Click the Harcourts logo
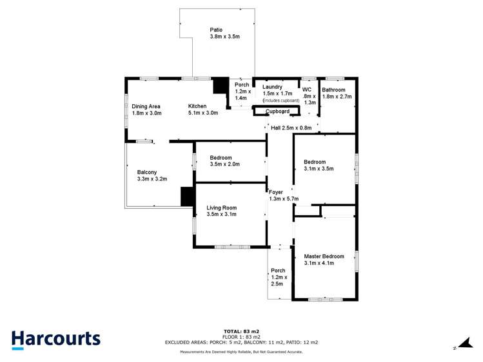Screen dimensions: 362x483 pos(56,339)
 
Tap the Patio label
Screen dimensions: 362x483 pos(217,30)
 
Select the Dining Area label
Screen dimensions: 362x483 pos(146,106)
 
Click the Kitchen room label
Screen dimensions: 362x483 pos(197,106)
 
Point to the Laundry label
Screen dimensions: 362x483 pos(272,87)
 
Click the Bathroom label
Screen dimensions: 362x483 pos(333,90)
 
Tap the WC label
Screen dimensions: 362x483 pos(307,90)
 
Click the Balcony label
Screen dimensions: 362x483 pos(147,172)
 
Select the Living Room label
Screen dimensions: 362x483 pos(221,207)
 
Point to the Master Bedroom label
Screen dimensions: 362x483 pos(324,256)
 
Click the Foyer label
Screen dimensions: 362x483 pos(276,192)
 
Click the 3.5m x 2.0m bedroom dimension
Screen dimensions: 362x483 pos(224,164)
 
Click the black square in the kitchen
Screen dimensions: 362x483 pos(221,86)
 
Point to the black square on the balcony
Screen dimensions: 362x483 pos(188,196)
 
